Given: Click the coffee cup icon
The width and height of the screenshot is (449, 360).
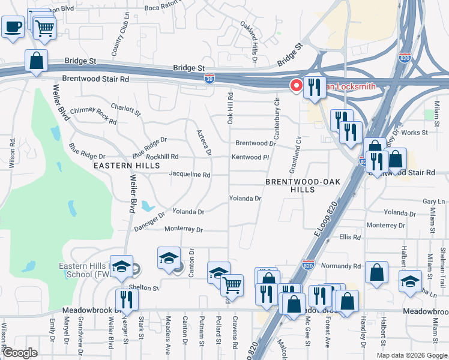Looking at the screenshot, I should click(x=13, y=26).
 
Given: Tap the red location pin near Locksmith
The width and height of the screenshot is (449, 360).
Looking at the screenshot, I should click(x=296, y=86).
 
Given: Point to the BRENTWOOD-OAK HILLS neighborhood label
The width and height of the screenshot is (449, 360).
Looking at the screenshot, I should click(x=291, y=185).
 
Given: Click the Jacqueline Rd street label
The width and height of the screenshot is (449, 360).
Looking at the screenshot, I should click(x=190, y=175).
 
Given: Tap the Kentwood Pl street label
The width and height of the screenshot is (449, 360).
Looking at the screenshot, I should click(x=250, y=157).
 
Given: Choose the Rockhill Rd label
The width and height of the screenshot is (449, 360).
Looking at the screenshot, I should click(x=162, y=157).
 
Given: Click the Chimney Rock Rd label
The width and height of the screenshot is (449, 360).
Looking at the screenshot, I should click(x=93, y=115).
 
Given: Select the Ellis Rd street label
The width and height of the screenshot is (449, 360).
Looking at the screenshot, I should click(x=349, y=238).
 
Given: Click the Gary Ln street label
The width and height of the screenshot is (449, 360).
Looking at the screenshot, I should click(x=433, y=202).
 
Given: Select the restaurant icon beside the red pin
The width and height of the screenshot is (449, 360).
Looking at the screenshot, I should click(x=315, y=88).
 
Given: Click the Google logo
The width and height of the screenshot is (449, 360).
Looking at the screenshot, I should click(x=20, y=352).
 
